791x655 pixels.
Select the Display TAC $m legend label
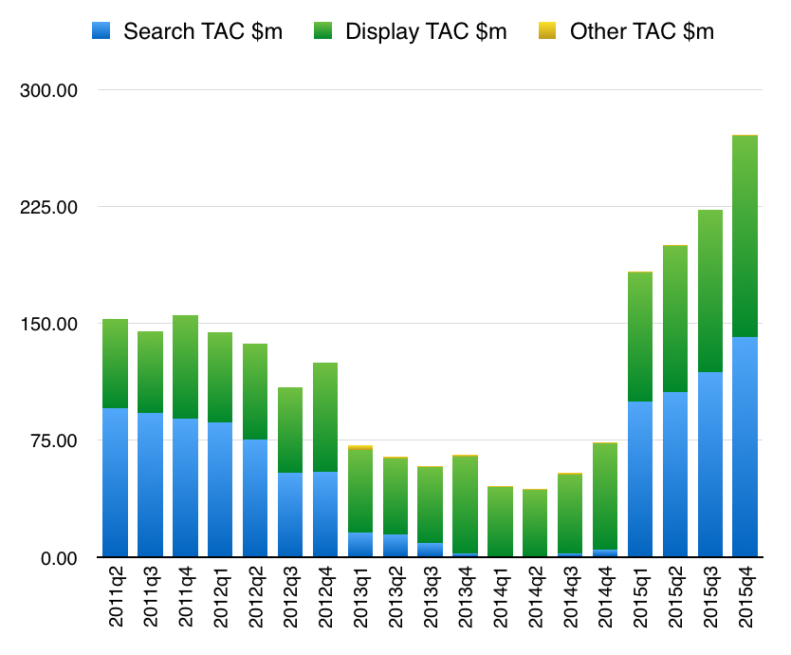tap(426, 31)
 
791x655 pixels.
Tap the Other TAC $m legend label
tap(641, 31)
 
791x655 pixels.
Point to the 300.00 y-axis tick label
tap(47, 90)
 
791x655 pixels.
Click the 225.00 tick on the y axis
tap(47, 207)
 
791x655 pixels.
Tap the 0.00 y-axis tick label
tap(54, 557)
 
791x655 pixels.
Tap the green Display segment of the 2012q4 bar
tap(325, 417)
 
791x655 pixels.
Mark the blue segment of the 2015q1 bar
tap(640, 479)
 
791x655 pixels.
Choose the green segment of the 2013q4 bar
tap(465, 504)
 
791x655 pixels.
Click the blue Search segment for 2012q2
tap(255, 498)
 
